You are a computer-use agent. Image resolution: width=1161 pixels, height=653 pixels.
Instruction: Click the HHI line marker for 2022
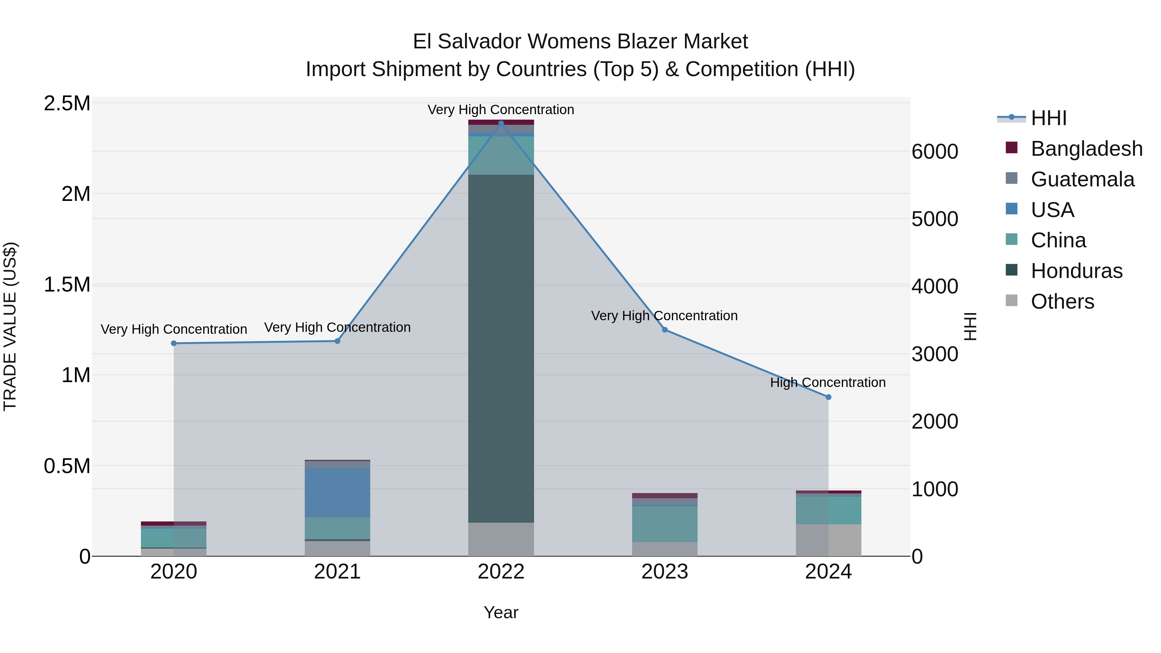point(501,124)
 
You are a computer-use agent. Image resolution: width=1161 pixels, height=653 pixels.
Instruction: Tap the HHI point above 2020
point(174,343)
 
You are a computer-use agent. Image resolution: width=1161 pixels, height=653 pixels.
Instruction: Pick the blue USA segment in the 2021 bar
point(337,492)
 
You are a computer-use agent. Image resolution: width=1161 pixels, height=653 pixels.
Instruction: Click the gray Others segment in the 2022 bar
point(501,539)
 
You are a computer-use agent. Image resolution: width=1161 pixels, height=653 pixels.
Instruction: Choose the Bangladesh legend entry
point(1086,149)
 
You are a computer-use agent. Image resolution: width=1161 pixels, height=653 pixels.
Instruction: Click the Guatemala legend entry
point(1082,179)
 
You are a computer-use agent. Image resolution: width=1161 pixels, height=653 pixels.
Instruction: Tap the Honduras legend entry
point(1076,271)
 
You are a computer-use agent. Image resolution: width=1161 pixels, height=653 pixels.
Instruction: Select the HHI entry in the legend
point(1048,118)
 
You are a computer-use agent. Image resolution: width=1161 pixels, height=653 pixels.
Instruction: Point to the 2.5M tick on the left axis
point(67,104)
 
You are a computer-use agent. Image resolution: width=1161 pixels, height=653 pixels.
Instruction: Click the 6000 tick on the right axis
point(935,152)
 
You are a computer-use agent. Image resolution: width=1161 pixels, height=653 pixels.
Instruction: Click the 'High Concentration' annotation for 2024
point(828,382)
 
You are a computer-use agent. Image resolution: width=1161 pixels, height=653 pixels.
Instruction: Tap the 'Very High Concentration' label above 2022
point(501,110)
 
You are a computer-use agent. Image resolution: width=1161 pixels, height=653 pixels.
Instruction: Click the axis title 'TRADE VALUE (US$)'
point(10,326)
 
